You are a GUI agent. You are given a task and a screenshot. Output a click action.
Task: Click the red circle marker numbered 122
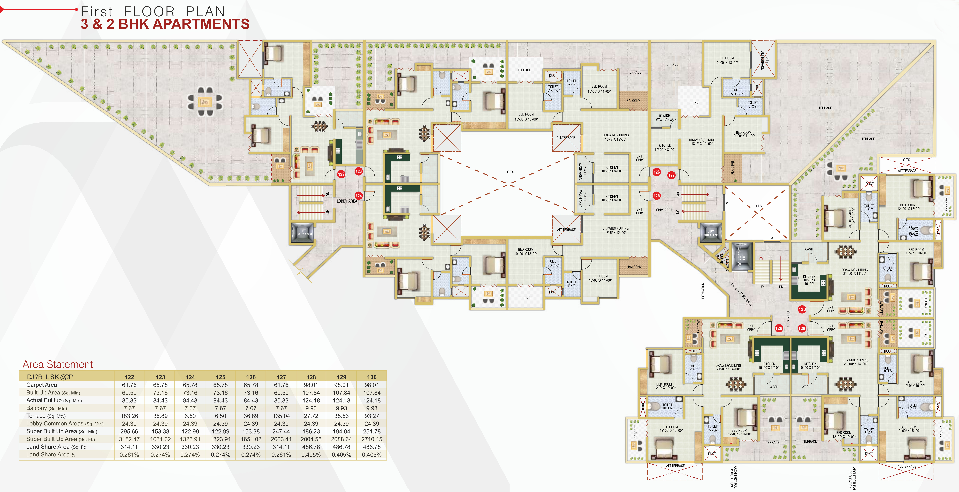(x=341, y=174)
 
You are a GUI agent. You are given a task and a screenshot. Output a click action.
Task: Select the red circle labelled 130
(x=802, y=309)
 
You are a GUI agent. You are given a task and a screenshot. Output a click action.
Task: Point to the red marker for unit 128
(x=778, y=328)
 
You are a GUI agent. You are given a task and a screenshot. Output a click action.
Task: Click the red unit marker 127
(x=671, y=175)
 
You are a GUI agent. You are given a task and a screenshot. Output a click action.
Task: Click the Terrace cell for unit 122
(x=129, y=416)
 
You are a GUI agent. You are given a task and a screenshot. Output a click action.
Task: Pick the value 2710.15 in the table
(x=372, y=439)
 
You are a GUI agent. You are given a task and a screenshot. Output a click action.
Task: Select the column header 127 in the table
(x=281, y=377)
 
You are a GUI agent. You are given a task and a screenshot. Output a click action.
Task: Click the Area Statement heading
(x=58, y=364)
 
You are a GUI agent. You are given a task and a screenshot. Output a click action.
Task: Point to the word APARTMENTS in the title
(x=201, y=24)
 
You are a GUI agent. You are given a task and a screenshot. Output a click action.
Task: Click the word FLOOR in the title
(x=149, y=12)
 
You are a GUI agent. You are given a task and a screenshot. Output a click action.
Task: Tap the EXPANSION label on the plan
(x=703, y=291)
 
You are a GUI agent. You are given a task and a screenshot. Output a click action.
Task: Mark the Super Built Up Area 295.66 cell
(x=129, y=431)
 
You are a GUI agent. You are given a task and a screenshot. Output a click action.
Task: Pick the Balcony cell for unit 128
(x=311, y=408)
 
